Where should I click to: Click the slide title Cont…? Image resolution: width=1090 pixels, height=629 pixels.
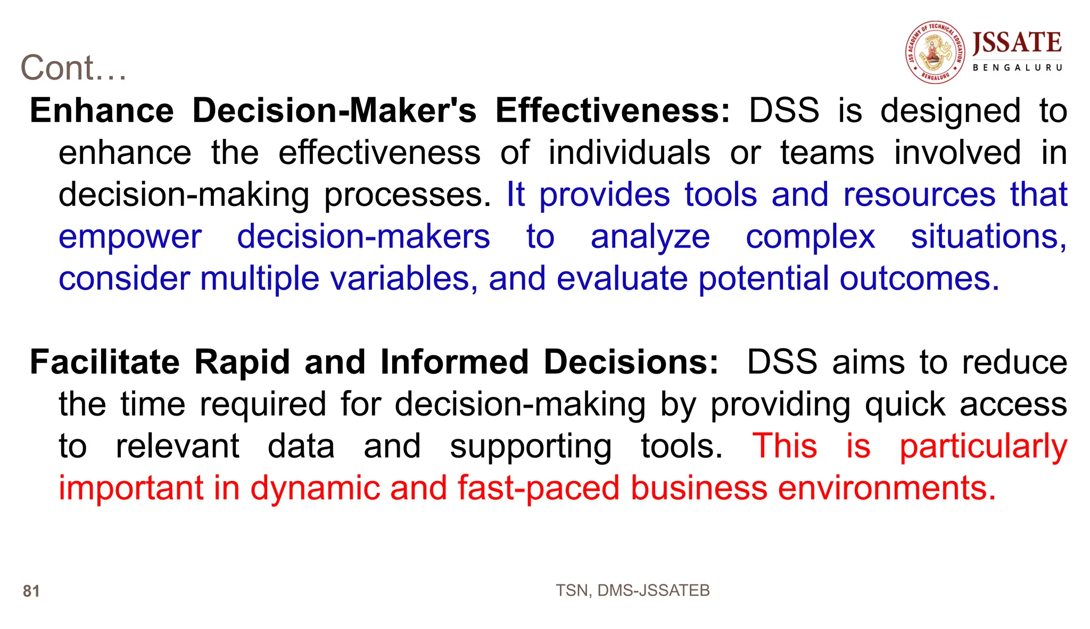point(73,68)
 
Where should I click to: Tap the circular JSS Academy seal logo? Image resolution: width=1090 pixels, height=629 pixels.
point(935,52)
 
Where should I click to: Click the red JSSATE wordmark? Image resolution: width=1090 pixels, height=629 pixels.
point(1017,43)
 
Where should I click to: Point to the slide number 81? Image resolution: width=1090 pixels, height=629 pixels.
point(31,591)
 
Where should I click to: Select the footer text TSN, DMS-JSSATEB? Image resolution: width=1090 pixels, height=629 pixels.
point(632,590)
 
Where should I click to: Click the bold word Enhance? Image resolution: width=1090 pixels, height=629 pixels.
point(102,111)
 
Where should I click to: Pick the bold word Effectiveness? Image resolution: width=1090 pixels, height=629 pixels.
point(613,111)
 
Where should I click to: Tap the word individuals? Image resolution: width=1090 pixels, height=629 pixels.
point(629,153)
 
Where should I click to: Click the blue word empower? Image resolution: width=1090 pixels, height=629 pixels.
point(130,237)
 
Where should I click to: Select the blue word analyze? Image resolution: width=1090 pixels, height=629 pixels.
point(650,237)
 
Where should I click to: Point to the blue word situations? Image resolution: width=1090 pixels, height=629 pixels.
point(988,236)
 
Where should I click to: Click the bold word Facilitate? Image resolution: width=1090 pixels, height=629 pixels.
point(105,362)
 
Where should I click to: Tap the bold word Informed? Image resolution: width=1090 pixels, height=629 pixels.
point(455,362)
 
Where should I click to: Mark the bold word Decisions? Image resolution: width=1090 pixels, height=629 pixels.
point(631,362)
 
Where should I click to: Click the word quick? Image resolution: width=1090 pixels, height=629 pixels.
point(905,404)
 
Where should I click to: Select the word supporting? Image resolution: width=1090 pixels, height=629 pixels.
point(531,447)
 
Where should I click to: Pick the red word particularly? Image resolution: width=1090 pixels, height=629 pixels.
point(983,447)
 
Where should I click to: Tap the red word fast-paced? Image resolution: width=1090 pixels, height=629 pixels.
point(539,489)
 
